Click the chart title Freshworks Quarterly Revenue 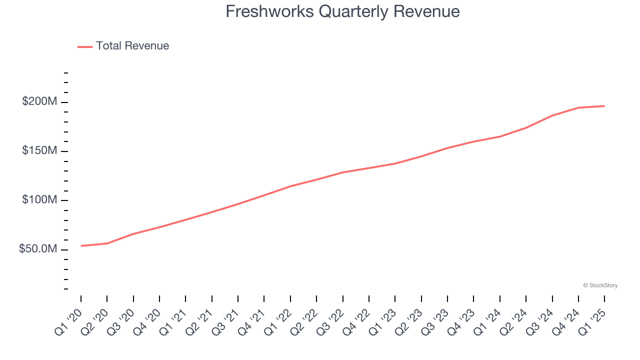point(342,11)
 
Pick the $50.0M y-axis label point(38,249)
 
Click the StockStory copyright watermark point(600,285)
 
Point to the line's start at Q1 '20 point(81,245)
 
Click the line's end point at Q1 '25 point(604,106)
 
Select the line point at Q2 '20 point(107,243)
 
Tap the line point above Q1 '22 point(290,186)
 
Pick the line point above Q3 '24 point(552,115)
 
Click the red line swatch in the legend point(85,46)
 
